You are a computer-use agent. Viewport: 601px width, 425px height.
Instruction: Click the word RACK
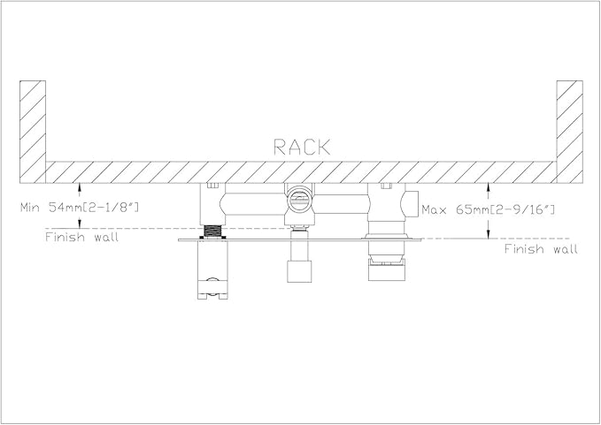point(302,147)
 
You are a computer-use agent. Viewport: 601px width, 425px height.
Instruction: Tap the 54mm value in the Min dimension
point(65,208)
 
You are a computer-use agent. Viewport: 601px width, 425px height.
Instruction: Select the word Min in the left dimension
point(31,208)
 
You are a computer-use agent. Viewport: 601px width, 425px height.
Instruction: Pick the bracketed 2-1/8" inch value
point(111,208)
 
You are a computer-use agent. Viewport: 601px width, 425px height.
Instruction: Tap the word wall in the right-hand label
point(565,249)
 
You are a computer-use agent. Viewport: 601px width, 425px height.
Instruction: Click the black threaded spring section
point(212,231)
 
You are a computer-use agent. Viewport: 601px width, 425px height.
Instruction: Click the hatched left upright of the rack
point(33,132)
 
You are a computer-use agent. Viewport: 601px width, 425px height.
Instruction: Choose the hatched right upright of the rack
point(569,132)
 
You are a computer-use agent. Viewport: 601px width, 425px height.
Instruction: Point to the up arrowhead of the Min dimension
point(80,186)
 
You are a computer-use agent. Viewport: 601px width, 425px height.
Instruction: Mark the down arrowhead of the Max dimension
point(488,234)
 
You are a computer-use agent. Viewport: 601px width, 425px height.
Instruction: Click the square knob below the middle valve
point(299,271)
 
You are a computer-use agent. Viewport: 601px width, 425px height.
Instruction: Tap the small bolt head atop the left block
point(212,186)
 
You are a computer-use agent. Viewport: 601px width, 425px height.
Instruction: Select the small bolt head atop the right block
point(386,186)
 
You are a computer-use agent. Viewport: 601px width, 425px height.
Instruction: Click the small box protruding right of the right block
point(412,204)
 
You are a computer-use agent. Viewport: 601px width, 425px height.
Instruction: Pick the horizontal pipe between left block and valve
point(255,203)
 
